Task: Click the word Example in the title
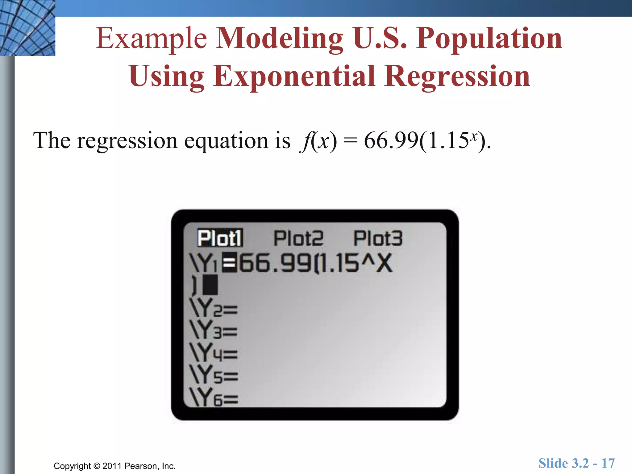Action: [x=151, y=39]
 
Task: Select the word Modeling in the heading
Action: [x=279, y=39]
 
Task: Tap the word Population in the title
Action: [x=489, y=39]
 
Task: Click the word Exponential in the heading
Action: [x=293, y=76]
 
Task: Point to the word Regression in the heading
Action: [x=457, y=76]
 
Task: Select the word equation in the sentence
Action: [x=226, y=141]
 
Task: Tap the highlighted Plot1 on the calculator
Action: [x=220, y=238]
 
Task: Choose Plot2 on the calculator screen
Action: [x=298, y=238]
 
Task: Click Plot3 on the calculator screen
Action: [x=378, y=238]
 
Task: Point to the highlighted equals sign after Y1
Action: [x=230, y=263]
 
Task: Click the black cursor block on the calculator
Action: [x=210, y=285]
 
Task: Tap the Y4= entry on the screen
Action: [x=214, y=353]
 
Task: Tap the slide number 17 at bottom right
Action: [x=608, y=463]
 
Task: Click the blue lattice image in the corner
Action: [x=27, y=28]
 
